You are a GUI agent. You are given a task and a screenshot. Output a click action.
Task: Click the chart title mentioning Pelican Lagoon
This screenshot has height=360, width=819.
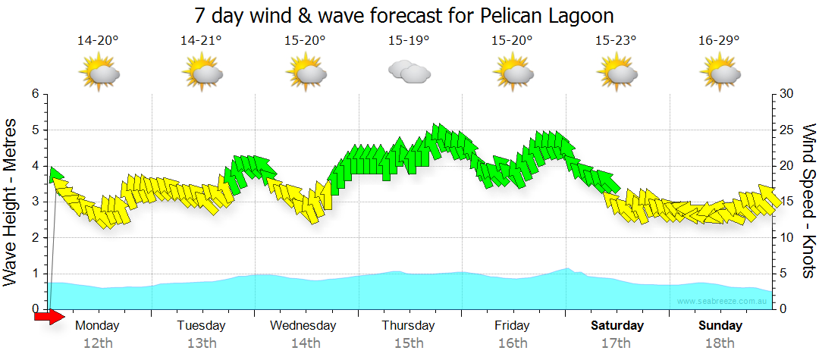point(403,16)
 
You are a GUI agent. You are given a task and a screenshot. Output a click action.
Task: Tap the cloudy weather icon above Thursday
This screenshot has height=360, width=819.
point(409,72)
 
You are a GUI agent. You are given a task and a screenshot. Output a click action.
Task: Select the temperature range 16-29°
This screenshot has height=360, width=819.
point(719,40)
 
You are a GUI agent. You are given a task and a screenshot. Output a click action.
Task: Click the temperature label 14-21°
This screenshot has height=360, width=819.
point(201,40)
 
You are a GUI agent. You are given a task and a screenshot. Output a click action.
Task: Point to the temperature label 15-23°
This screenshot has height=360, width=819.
point(615,40)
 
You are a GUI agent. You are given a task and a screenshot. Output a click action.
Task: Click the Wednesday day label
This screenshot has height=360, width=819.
point(303,326)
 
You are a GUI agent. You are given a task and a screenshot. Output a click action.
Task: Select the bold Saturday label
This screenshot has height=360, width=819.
point(617,326)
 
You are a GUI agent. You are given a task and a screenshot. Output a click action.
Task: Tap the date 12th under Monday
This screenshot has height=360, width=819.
point(98,343)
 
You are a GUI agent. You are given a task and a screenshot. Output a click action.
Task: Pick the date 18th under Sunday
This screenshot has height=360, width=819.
point(720,343)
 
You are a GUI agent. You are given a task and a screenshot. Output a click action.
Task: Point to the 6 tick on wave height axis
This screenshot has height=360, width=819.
point(35,94)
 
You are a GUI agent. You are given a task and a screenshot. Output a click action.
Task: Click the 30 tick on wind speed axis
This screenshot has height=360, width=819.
point(786,94)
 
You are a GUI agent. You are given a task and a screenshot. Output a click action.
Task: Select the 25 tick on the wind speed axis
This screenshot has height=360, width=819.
point(786,130)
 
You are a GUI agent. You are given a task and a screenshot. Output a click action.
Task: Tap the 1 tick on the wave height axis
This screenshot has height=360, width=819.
point(35,274)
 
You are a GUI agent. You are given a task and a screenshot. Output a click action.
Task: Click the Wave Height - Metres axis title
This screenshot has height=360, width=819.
point(12,202)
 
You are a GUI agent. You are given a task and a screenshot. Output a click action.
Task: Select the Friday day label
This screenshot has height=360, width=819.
point(513,326)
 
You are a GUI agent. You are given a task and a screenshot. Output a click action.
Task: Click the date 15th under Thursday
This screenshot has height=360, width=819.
point(409,343)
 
